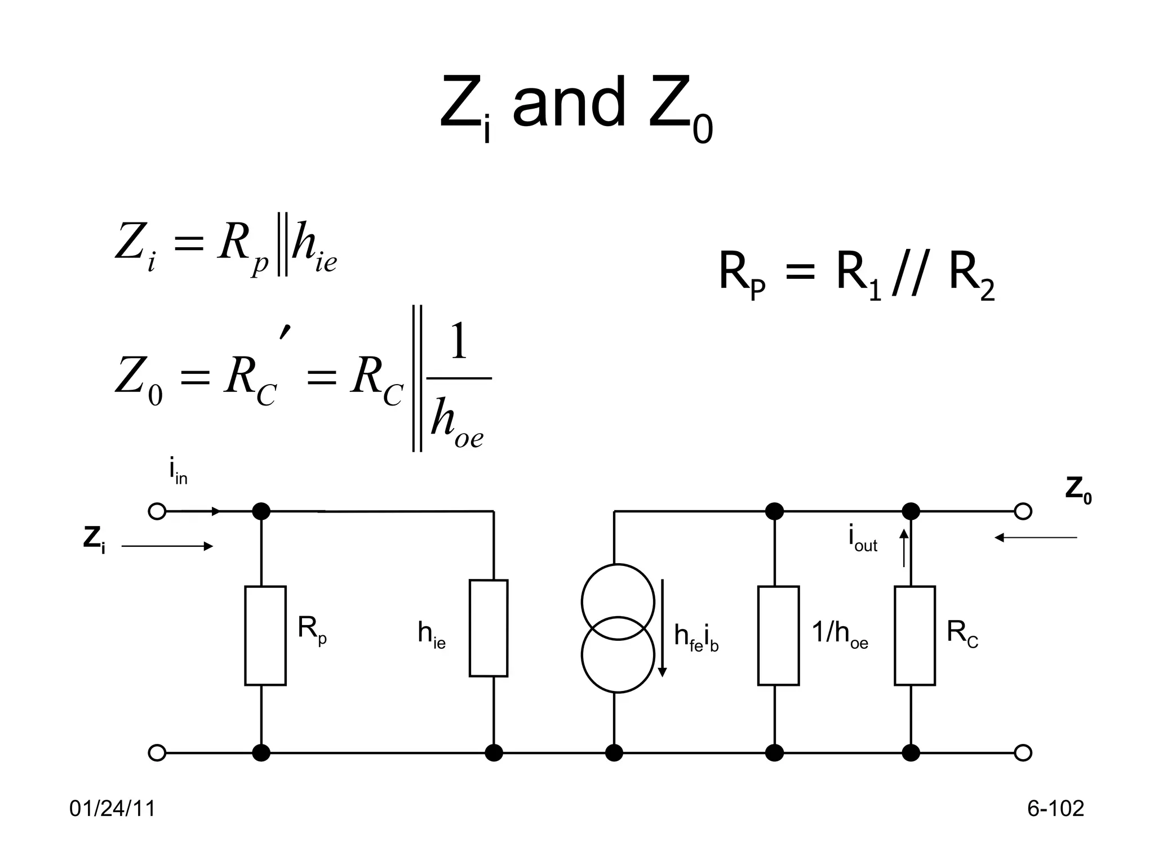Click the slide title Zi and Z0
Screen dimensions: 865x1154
click(x=576, y=107)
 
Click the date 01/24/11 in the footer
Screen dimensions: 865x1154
click(x=112, y=809)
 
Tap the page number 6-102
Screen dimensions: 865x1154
click(x=1055, y=809)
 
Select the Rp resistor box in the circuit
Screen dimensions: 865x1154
click(x=265, y=635)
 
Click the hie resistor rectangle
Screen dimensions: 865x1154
click(x=489, y=628)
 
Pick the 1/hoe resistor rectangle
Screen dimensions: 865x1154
click(x=778, y=635)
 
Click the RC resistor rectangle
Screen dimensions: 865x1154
click(x=915, y=635)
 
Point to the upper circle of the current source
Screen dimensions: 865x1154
click(x=618, y=601)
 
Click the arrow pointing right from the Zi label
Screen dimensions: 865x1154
click(x=167, y=546)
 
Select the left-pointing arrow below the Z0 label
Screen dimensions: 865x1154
click(x=1036, y=538)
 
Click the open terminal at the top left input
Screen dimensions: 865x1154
click(x=157, y=511)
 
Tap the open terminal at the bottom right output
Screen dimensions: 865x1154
click(x=1023, y=752)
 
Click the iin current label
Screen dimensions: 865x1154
click(x=177, y=472)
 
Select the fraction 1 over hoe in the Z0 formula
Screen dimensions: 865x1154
click(x=458, y=389)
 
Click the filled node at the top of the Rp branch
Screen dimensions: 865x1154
click(x=261, y=511)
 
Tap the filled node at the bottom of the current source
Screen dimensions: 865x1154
click(x=614, y=752)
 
